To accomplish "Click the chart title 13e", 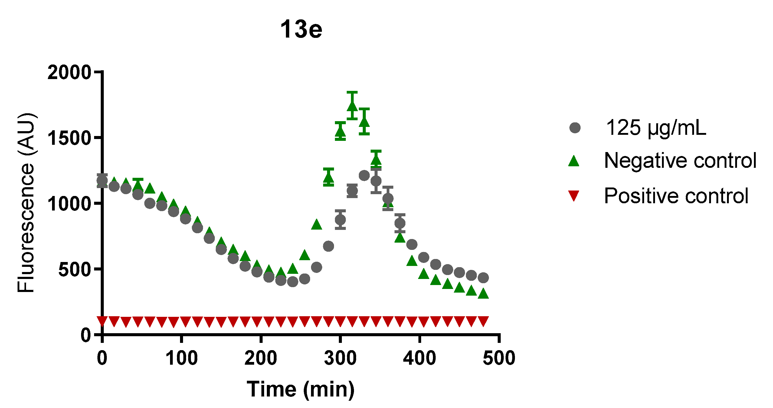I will pos(301,29).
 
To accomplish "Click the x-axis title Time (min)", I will pos(301,389).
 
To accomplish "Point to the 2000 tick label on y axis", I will pos(69,72).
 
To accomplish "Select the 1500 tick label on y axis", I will pos(69,138).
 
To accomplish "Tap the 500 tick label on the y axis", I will pos(74,269).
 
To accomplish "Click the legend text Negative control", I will pos(680,160).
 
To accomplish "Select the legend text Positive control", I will pos(676,196).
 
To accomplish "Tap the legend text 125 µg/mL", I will pos(656,128).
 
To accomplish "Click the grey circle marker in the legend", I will pos(575,128).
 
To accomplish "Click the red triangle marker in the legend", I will pos(574,196).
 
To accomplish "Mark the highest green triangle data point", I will pos(352,106).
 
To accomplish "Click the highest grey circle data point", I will pos(364,175).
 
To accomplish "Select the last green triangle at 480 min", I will pos(483,294).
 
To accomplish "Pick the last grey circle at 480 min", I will pos(483,277).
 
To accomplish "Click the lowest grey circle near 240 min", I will pos(293,282).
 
